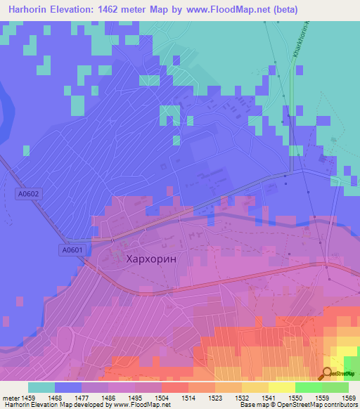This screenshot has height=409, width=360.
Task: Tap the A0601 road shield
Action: coord(71,249)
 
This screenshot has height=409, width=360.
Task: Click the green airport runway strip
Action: coord(291,112)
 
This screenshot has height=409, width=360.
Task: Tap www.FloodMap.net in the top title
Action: coord(226,10)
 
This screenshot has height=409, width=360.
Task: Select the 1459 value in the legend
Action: coord(28,397)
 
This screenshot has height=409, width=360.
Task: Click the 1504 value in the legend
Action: coord(148,397)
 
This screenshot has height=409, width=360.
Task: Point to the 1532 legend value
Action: coord(228,397)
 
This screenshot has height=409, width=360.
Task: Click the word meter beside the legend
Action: coord(10,397)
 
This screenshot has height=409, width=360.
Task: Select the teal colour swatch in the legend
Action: coord(41,387)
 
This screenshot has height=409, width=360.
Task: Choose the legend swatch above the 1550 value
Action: coord(282,387)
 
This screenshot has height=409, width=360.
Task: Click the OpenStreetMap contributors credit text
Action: coord(316,405)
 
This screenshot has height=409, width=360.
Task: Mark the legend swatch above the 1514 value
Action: coord(175,387)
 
